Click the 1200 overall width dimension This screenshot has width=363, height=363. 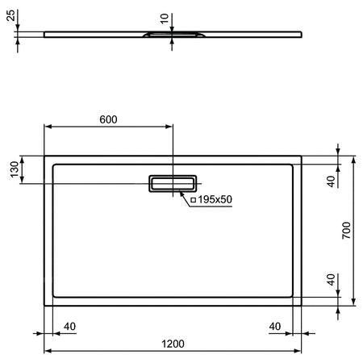pos(172,343)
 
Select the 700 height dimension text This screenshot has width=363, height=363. pos(345,230)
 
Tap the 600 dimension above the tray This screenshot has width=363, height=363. pos(108,119)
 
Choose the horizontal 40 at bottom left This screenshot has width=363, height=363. pos(69,326)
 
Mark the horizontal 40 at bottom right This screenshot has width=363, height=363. pos(276,326)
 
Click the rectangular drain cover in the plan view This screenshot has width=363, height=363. pos(172,184)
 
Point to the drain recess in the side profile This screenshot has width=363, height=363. pos(172,35)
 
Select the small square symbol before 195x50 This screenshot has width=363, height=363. pos(192,199)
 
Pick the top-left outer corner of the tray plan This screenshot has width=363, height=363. pos(44,156)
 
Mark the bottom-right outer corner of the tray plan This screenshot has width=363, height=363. pos(301,307)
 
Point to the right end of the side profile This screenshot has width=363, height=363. pos(302,33)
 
